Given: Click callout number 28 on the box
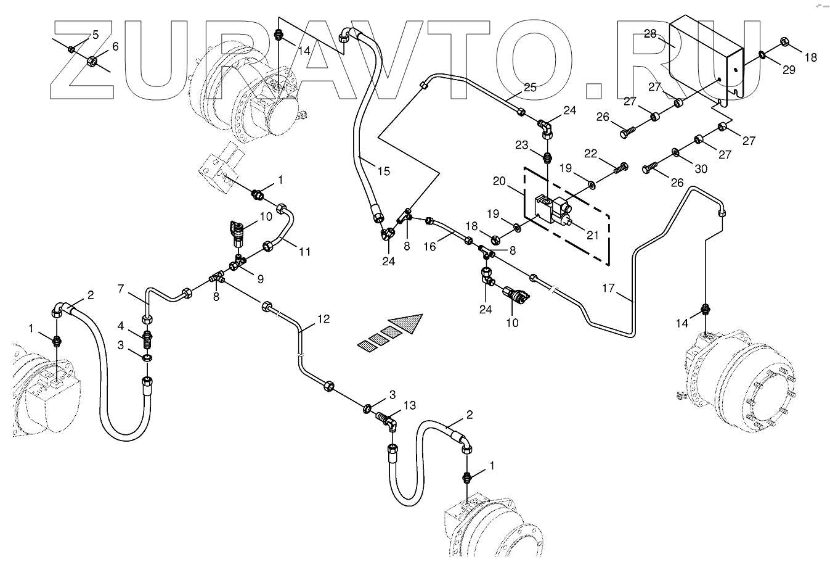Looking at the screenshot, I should pyautogui.click(x=650, y=34).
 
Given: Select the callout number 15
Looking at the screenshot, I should pyautogui.click(x=383, y=171).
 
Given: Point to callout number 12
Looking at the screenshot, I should pyautogui.click(x=323, y=319).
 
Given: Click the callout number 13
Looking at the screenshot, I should pyautogui.click(x=410, y=405).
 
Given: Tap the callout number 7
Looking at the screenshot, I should pyautogui.click(x=121, y=288).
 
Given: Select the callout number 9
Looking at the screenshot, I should pyautogui.click(x=260, y=279).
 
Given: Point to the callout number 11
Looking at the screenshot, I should pyautogui.click(x=304, y=251).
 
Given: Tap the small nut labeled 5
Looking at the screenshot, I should pyautogui.click(x=71, y=49).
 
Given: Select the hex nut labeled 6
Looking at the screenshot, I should pyautogui.click(x=91, y=61).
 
